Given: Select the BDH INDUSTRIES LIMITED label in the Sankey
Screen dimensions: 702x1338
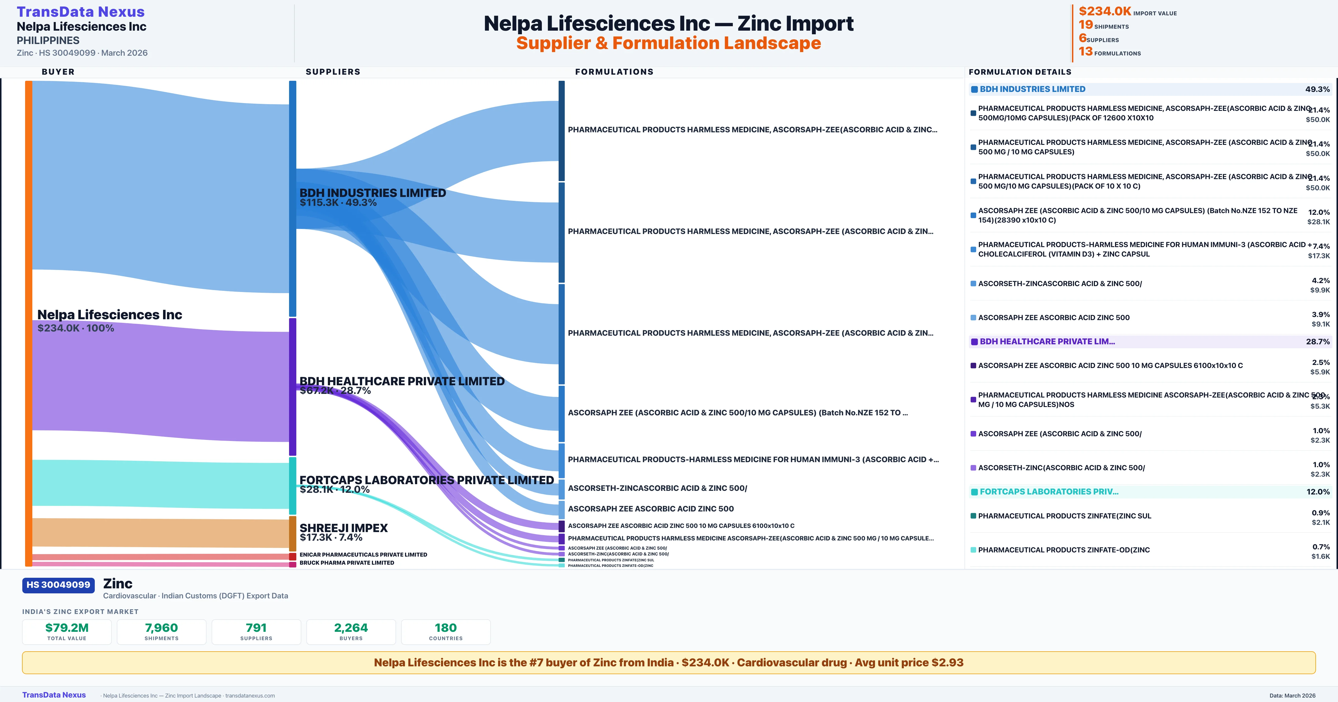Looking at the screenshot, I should click(x=372, y=193).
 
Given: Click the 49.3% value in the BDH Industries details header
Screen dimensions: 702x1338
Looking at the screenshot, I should click(x=1317, y=89).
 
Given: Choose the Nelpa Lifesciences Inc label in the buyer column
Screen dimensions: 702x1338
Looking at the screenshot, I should click(x=110, y=315).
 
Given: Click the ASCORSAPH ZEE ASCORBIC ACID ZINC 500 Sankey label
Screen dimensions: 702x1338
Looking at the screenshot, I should click(x=650, y=509).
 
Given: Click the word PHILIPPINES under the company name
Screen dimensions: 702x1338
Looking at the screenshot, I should click(x=48, y=40).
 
